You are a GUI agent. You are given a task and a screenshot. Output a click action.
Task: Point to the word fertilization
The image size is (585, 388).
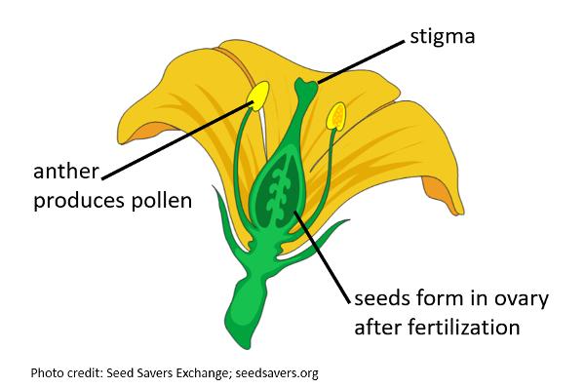click(458, 325)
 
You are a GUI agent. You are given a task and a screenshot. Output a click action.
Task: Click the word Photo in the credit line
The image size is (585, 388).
click(46, 372)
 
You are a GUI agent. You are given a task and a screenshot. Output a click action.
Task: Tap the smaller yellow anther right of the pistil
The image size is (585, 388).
click(336, 116)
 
